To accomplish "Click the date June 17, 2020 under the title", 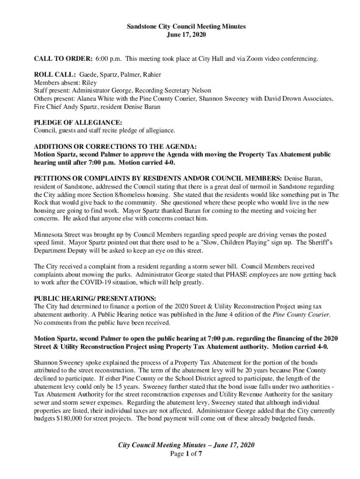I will pyautogui.click(x=186, y=35).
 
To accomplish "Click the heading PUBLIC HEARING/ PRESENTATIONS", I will pyautogui.click(x=95, y=298).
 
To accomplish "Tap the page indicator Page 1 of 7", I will pyautogui.click(x=186, y=453).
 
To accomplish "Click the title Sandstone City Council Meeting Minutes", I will pyautogui.click(x=186, y=27).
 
